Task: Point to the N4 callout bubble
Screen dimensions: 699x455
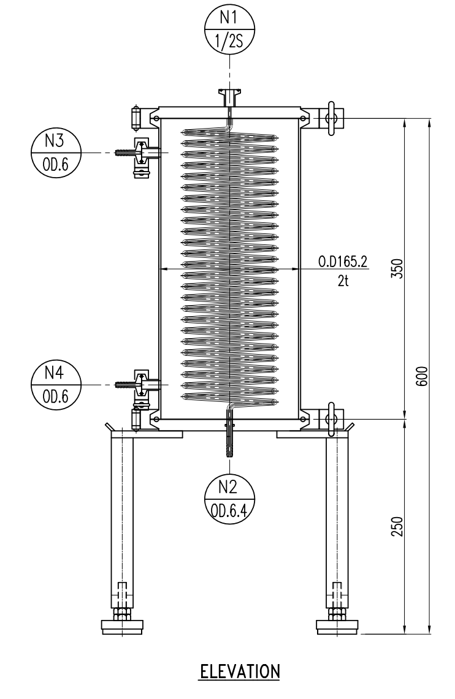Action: (55, 385)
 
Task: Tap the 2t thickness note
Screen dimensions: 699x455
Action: (342, 283)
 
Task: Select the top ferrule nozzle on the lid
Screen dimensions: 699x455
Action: (229, 97)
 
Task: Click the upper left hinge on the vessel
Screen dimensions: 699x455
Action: (136, 117)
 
